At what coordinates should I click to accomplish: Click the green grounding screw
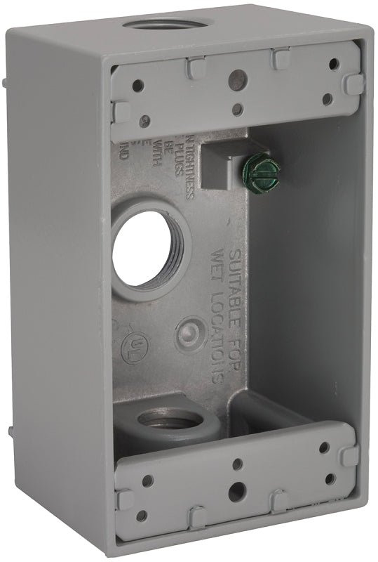(x=267, y=167)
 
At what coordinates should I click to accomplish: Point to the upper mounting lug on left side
(x=6, y=83)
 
